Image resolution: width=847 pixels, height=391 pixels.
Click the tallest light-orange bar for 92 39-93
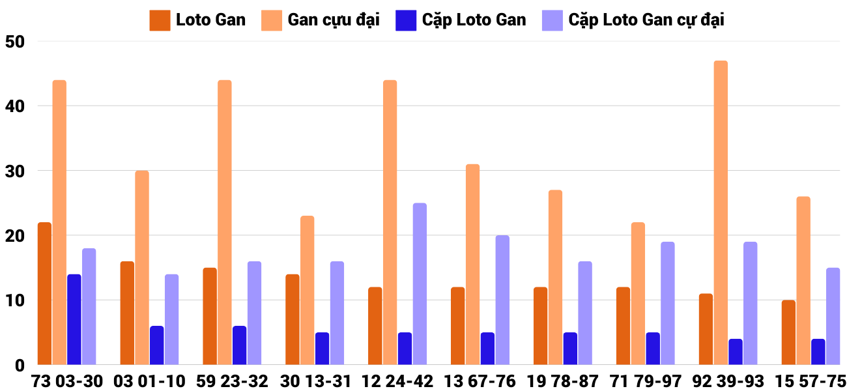click(721, 212)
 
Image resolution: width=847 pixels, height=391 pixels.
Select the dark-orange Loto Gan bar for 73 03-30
click(44, 293)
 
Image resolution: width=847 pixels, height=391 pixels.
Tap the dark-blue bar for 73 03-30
click(74, 319)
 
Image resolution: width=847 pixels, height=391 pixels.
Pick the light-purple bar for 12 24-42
click(420, 283)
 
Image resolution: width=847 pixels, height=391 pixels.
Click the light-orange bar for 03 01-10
click(142, 267)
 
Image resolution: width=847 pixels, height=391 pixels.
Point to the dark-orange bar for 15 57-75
click(788, 332)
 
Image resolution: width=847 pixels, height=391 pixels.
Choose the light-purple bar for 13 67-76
click(502, 300)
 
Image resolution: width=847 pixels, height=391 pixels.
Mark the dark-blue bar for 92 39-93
click(736, 352)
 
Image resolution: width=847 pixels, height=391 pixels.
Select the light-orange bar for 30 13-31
click(308, 290)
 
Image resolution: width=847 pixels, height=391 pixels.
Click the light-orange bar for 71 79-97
click(638, 293)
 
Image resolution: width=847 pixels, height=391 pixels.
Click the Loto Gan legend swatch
click(160, 20)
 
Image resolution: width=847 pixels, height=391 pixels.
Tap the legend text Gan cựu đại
click(334, 20)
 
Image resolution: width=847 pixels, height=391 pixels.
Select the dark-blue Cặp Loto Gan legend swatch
click(405, 20)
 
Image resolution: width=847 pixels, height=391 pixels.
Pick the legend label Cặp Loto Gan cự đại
click(646, 20)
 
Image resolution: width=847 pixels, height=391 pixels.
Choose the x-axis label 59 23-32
click(232, 381)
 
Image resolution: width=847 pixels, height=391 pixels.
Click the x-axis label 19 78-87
click(563, 381)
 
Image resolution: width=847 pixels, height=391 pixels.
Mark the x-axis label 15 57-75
click(811, 381)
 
